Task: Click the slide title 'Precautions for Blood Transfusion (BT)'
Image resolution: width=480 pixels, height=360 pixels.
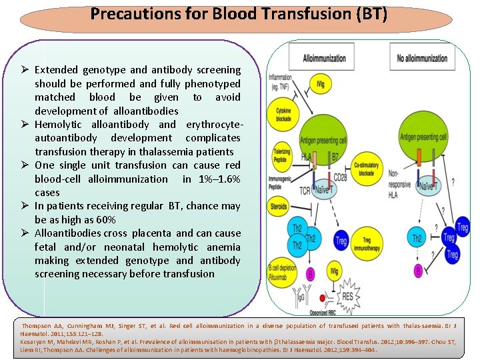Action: point(239,13)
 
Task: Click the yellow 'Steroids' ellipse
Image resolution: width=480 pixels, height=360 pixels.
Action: point(279,207)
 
